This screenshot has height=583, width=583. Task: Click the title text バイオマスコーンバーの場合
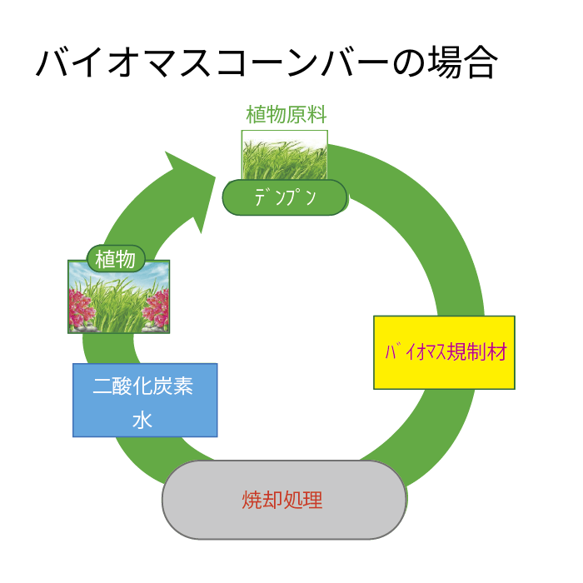pos(267,62)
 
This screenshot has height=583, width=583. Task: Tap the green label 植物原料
pos(287,114)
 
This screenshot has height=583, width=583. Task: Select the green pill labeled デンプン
pos(285,197)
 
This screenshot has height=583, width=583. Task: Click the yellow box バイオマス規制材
pos(444,352)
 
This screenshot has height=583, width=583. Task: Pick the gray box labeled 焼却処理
pos(284,500)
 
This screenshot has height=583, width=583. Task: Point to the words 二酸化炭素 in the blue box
pos(142,386)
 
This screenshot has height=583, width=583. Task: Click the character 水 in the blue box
pos(142,420)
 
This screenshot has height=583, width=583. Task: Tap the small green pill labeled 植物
pos(116,259)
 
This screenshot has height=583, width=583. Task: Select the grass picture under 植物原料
pos(285,155)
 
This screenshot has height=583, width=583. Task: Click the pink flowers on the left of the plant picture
pos(80,309)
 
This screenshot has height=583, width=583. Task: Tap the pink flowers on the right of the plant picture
pos(157,308)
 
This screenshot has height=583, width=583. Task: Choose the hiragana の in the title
pos(409,63)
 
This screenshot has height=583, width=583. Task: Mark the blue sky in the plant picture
pos(118,273)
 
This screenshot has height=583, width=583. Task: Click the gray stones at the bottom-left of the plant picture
pos(82,327)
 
